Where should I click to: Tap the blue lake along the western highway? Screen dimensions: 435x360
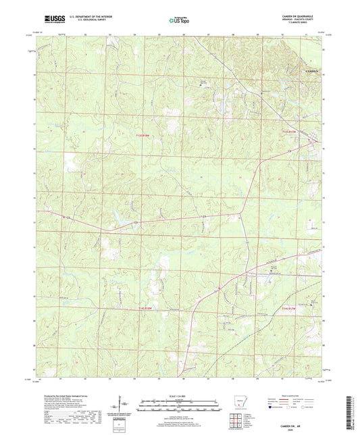[119, 218]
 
